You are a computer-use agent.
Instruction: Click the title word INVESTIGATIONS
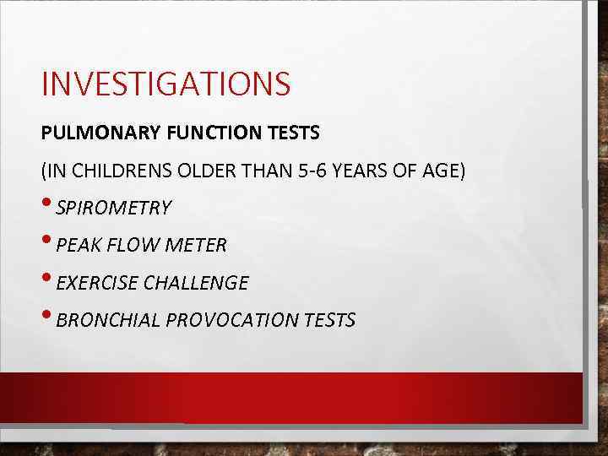tap(166, 84)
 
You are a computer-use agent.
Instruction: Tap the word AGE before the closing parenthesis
tap(442, 171)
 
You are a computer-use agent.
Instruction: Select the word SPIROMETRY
tap(114, 208)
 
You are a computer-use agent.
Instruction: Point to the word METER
tap(198, 246)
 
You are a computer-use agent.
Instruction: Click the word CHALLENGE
tap(198, 283)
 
